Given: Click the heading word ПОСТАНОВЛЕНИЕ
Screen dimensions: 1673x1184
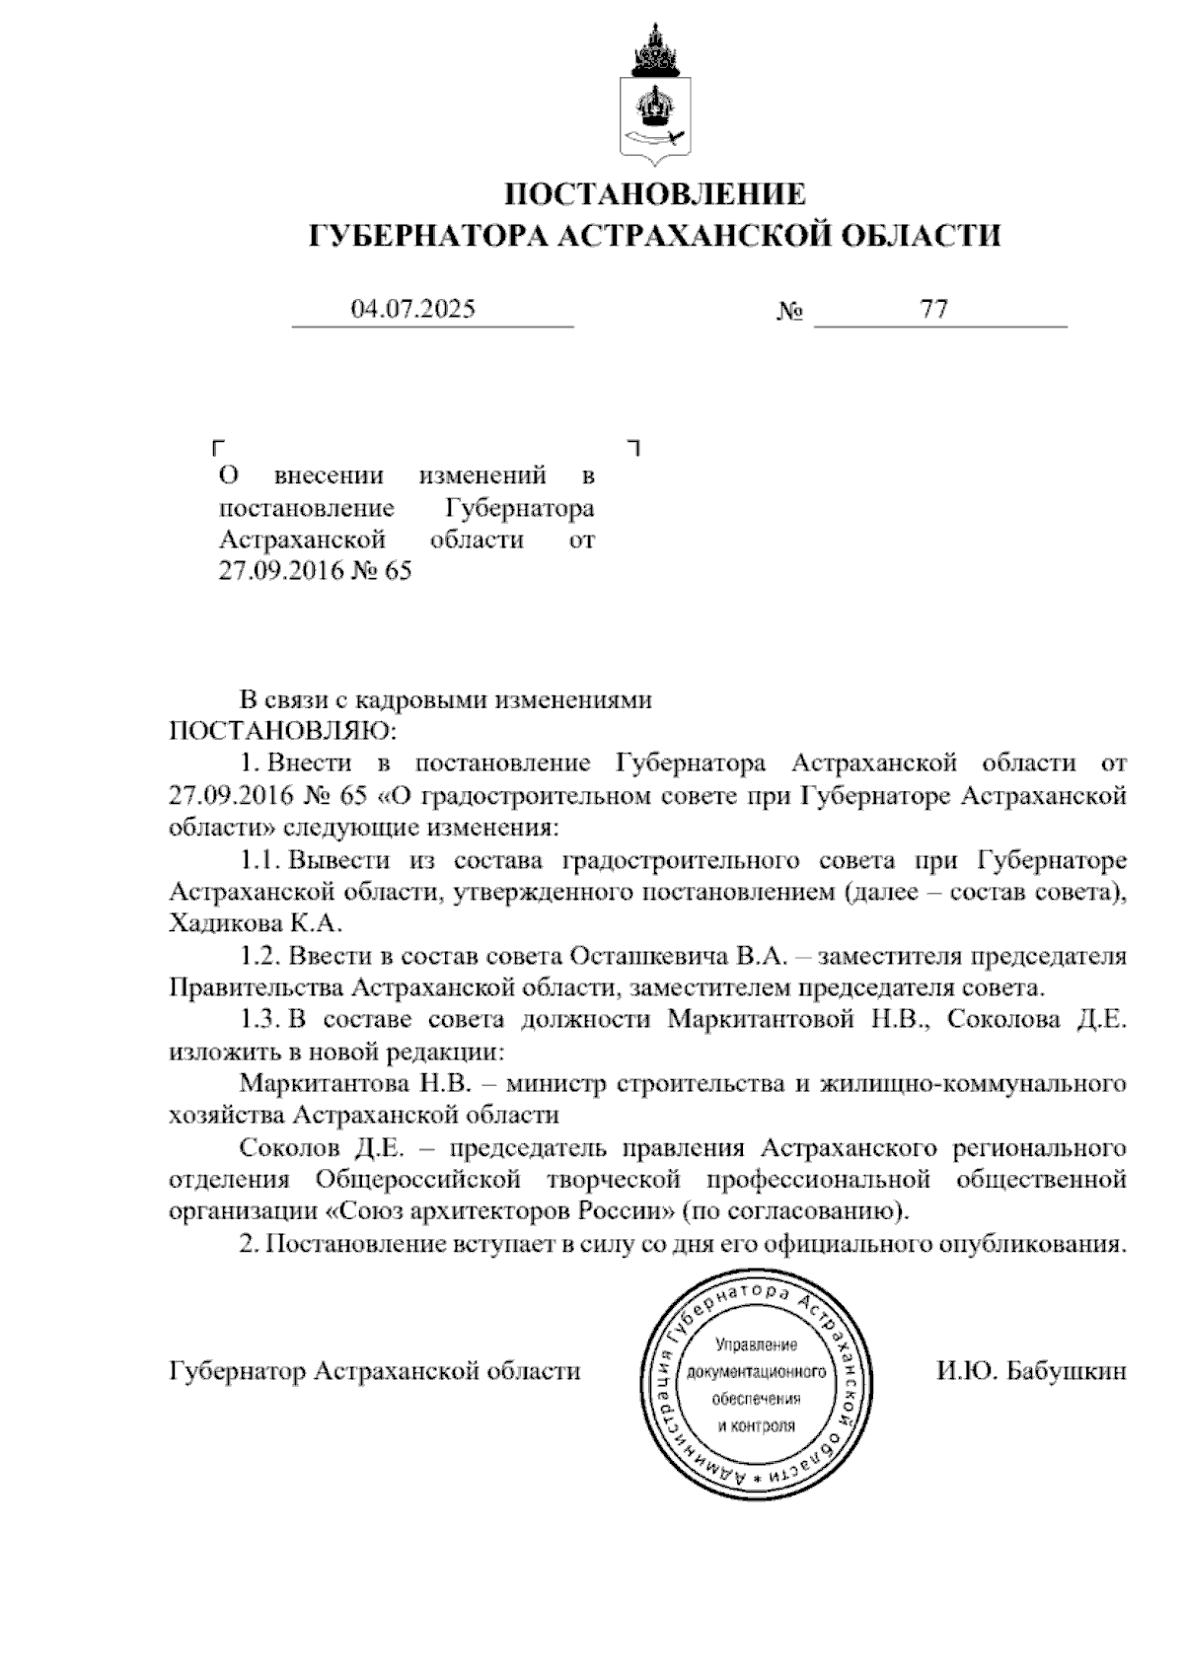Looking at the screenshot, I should point(655,193).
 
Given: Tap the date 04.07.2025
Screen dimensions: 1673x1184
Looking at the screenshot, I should point(413,310).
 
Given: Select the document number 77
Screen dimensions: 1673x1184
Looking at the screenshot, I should point(933,310).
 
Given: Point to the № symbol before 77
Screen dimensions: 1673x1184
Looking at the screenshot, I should point(789,313).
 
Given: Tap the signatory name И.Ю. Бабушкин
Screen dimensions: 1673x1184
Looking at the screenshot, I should point(1031,1371).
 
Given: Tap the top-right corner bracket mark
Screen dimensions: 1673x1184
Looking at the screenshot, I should point(634,447).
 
